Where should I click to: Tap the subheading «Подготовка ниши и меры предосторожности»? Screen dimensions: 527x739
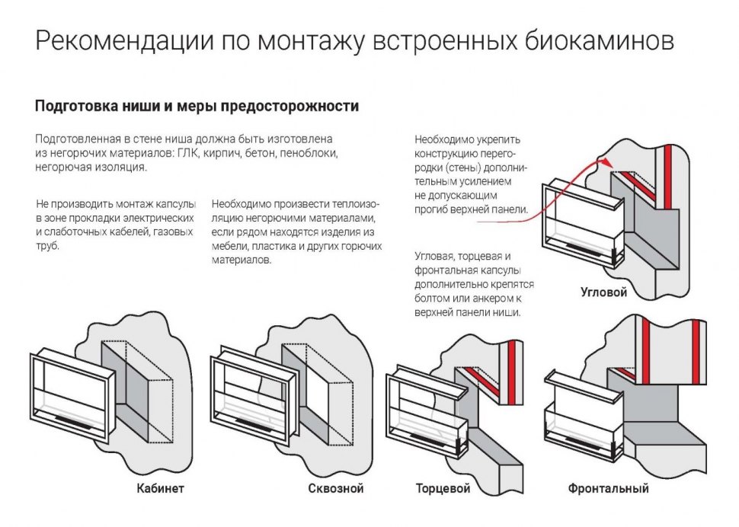(x=197, y=107)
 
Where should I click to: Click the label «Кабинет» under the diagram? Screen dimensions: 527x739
(x=160, y=488)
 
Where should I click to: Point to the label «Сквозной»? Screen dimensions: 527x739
(x=336, y=488)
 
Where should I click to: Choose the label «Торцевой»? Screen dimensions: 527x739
(x=443, y=488)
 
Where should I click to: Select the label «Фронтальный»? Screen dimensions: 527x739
(x=608, y=488)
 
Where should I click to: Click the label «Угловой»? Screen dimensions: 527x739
(x=603, y=292)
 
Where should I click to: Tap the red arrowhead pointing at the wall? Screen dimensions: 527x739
(x=602, y=161)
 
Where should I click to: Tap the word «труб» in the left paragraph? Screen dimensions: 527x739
(x=47, y=246)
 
